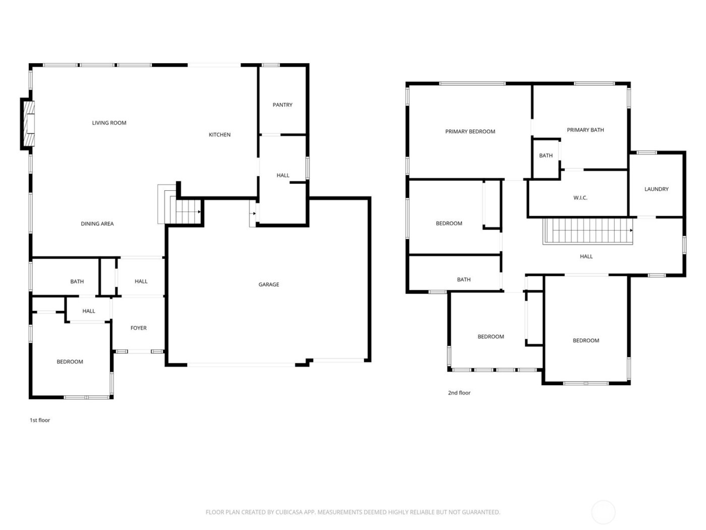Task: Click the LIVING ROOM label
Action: pos(109,123)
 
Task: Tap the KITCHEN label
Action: pos(219,135)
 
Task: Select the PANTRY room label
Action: pos(282,105)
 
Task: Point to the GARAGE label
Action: pos(269,285)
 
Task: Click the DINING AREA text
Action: pos(97,224)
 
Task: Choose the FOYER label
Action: pos(139,328)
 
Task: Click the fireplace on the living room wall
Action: pos(29,124)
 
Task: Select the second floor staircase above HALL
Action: pos(587,231)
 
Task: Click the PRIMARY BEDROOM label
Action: pos(470,132)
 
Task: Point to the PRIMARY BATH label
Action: pos(585,130)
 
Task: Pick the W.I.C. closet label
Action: pos(580,198)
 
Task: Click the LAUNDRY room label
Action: pos(656,189)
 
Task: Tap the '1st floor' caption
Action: pos(40,420)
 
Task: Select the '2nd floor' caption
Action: pos(459,393)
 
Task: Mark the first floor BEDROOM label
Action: pos(70,362)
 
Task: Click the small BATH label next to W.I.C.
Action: pos(546,155)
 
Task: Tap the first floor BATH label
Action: pos(77,282)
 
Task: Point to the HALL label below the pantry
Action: pos(283,176)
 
